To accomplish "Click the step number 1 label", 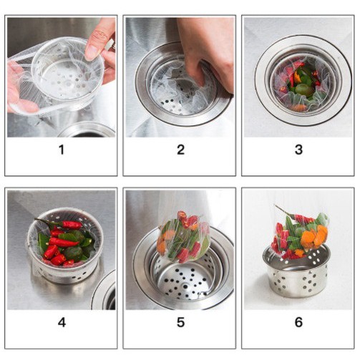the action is [62, 150].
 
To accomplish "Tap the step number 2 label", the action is [180, 150].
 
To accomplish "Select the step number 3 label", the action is [298, 150].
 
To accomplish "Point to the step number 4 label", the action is [62, 323].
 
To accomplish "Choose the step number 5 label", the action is [180, 323].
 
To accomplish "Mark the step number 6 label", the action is [298, 323].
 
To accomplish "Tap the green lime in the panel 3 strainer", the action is [303, 90].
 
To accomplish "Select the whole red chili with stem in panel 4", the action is [59, 224].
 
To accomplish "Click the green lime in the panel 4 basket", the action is [74, 253].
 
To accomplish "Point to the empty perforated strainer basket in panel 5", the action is [185, 278].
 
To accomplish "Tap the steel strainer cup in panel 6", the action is [296, 274].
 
